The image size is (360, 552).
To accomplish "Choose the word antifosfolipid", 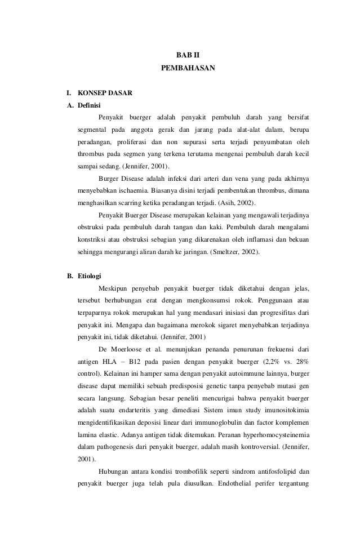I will pos(270,472).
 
